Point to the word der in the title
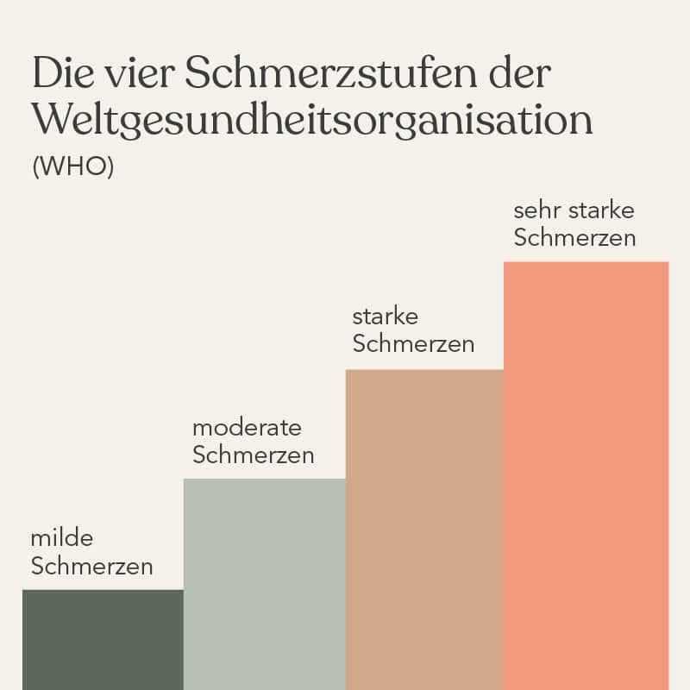coord(517,74)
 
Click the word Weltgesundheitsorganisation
coord(312,121)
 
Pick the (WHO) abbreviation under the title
coord(72,166)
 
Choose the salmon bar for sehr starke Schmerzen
coord(586,475)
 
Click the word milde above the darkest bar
coord(61,539)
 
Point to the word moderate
coord(247,428)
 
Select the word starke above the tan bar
coord(385,318)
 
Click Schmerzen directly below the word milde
coord(91,567)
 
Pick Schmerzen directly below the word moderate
coord(253,455)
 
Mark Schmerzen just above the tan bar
coord(413,345)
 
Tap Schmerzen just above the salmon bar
coord(574,238)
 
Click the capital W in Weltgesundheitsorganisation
coord(52,121)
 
